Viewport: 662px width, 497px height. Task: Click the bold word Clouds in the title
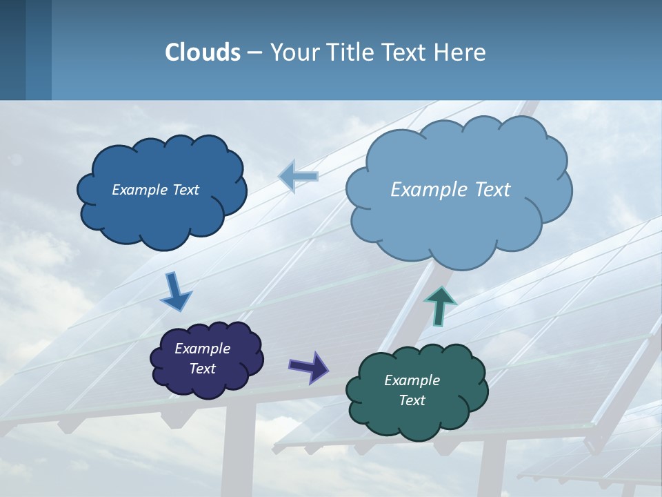pos(202,52)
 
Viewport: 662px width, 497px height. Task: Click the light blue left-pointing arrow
pos(299,176)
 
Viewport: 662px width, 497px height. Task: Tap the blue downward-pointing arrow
pos(175,291)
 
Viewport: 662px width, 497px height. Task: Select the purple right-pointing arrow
pos(308,367)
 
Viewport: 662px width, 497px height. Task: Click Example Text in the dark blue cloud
pos(155,190)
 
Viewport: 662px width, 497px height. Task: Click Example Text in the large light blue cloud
pos(450,190)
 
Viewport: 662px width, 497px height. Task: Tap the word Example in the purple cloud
pos(202,349)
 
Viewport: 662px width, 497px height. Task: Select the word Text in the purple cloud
pos(202,369)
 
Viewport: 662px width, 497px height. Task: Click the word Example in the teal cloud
pos(412,380)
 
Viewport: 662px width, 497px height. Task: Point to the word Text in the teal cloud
pos(412,400)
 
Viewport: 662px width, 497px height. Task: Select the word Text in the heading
pos(407,52)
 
